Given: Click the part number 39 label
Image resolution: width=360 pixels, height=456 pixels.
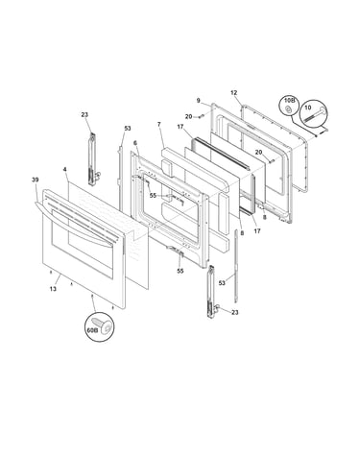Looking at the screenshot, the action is pyautogui.click(x=35, y=180).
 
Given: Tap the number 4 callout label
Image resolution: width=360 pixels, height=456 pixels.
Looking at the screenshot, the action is pyautogui.click(x=65, y=169).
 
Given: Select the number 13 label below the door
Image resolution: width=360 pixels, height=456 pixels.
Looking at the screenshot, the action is pyautogui.click(x=53, y=289).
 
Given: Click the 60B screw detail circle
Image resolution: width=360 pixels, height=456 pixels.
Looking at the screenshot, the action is pyautogui.click(x=100, y=326).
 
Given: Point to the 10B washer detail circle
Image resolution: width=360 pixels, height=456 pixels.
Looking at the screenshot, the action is pyautogui.click(x=288, y=108).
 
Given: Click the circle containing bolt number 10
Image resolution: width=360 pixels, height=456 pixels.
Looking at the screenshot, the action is pyautogui.click(x=313, y=112).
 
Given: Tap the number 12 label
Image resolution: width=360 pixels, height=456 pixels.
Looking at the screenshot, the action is pyautogui.click(x=234, y=93).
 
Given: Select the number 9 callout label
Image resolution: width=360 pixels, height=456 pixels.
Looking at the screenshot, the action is pyautogui.click(x=199, y=101).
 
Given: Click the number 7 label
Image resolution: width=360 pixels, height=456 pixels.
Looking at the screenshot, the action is pyautogui.click(x=159, y=124).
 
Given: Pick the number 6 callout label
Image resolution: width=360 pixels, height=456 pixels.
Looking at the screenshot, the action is pyautogui.click(x=135, y=143).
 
